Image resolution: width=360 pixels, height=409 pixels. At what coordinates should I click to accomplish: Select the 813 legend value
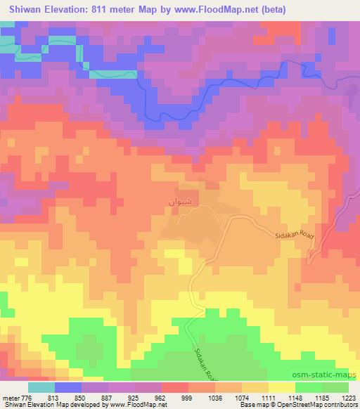[53, 396]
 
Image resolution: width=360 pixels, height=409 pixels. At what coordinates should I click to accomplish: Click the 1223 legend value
[349, 396]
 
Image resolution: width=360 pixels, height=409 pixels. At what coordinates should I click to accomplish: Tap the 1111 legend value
[268, 396]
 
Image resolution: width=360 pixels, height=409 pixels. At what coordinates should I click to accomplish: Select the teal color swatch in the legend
[42, 387]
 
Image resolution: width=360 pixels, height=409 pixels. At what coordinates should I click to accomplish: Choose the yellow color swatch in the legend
[281, 387]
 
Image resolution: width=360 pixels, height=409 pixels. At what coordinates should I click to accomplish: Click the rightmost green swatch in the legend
[335, 387]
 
